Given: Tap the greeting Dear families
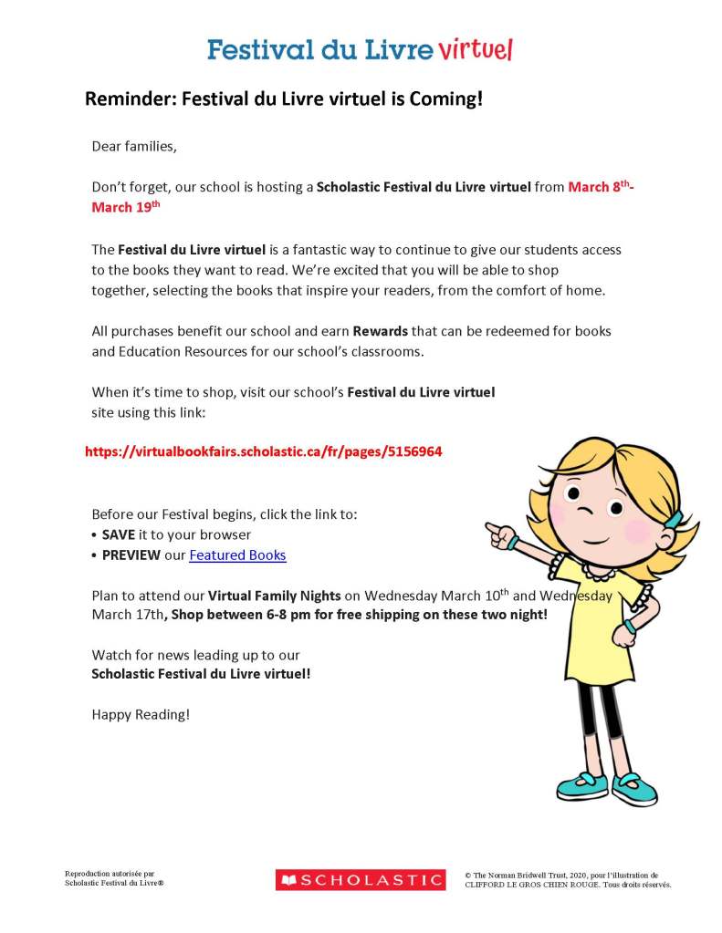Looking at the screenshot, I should (x=133, y=146).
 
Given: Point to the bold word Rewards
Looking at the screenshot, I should (x=381, y=330).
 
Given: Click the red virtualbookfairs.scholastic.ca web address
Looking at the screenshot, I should (x=264, y=451).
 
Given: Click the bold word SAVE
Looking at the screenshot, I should (x=119, y=534).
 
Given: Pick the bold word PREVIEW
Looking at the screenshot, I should (x=131, y=555).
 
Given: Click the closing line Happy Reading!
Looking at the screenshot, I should (x=141, y=714).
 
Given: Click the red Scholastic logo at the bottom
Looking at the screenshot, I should (x=361, y=880).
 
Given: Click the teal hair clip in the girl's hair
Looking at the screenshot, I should (x=672, y=519).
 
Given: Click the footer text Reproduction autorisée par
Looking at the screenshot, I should (x=110, y=874).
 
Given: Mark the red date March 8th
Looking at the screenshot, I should (x=600, y=187).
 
